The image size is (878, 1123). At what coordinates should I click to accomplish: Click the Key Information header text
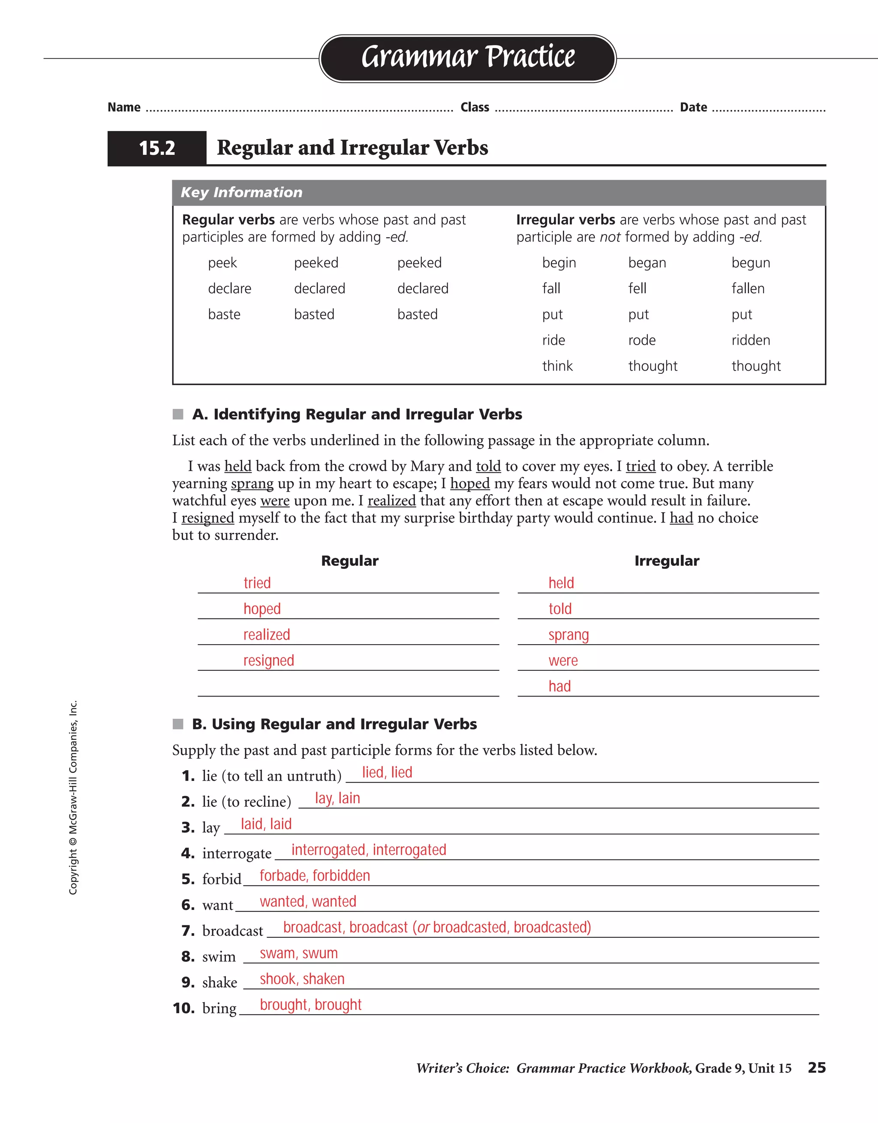click(x=241, y=192)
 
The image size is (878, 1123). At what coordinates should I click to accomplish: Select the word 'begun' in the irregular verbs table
click(x=750, y=263)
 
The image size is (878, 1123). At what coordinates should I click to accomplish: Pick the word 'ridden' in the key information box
click(x=750, y=340)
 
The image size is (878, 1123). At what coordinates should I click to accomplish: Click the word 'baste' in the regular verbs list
click(x=224, y=314)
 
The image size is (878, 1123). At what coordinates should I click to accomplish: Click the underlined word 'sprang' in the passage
click(x=252, y=483)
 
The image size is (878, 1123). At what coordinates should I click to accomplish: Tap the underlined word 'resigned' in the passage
click(x=207, y=518)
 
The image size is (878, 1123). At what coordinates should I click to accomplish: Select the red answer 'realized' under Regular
click(x=266, y=634)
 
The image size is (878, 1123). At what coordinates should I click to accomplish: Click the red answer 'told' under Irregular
click(x=559, y=609)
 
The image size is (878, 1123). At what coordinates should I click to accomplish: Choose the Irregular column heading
click(x=667, y=561)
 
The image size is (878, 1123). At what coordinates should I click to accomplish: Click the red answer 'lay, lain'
click(x=337, y=798)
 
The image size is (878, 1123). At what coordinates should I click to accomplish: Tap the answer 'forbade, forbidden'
click(x=315, y=876)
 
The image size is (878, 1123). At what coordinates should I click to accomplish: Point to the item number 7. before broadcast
click(x=188, y=931)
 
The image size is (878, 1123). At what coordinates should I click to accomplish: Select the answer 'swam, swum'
click(x=298, y=953)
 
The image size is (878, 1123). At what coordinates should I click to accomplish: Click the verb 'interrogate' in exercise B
click(x=237, y=853)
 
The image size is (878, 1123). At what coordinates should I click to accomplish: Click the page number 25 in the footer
click(x=816, y=1068)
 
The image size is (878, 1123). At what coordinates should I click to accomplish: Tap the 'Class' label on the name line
click(x=474, y=108)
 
